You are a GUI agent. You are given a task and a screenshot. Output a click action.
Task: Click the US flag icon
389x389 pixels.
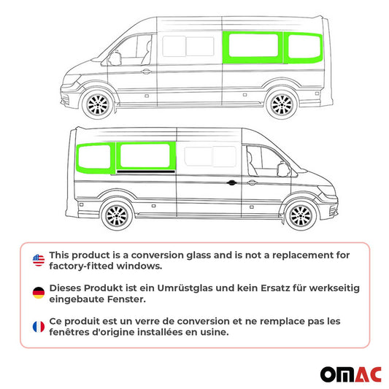(39, 260)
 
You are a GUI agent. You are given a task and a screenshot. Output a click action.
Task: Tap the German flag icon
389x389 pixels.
(39, 293)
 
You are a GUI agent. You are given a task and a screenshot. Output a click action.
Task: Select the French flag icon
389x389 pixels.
(39, 326)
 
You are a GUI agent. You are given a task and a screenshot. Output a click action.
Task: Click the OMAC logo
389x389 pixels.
(350, 374)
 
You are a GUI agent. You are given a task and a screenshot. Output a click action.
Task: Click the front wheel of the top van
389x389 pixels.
(96, 107)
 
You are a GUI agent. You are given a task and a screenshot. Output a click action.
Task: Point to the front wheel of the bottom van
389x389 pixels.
(299, 215)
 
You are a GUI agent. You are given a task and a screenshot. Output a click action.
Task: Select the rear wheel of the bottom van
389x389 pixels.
(115, 215)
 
